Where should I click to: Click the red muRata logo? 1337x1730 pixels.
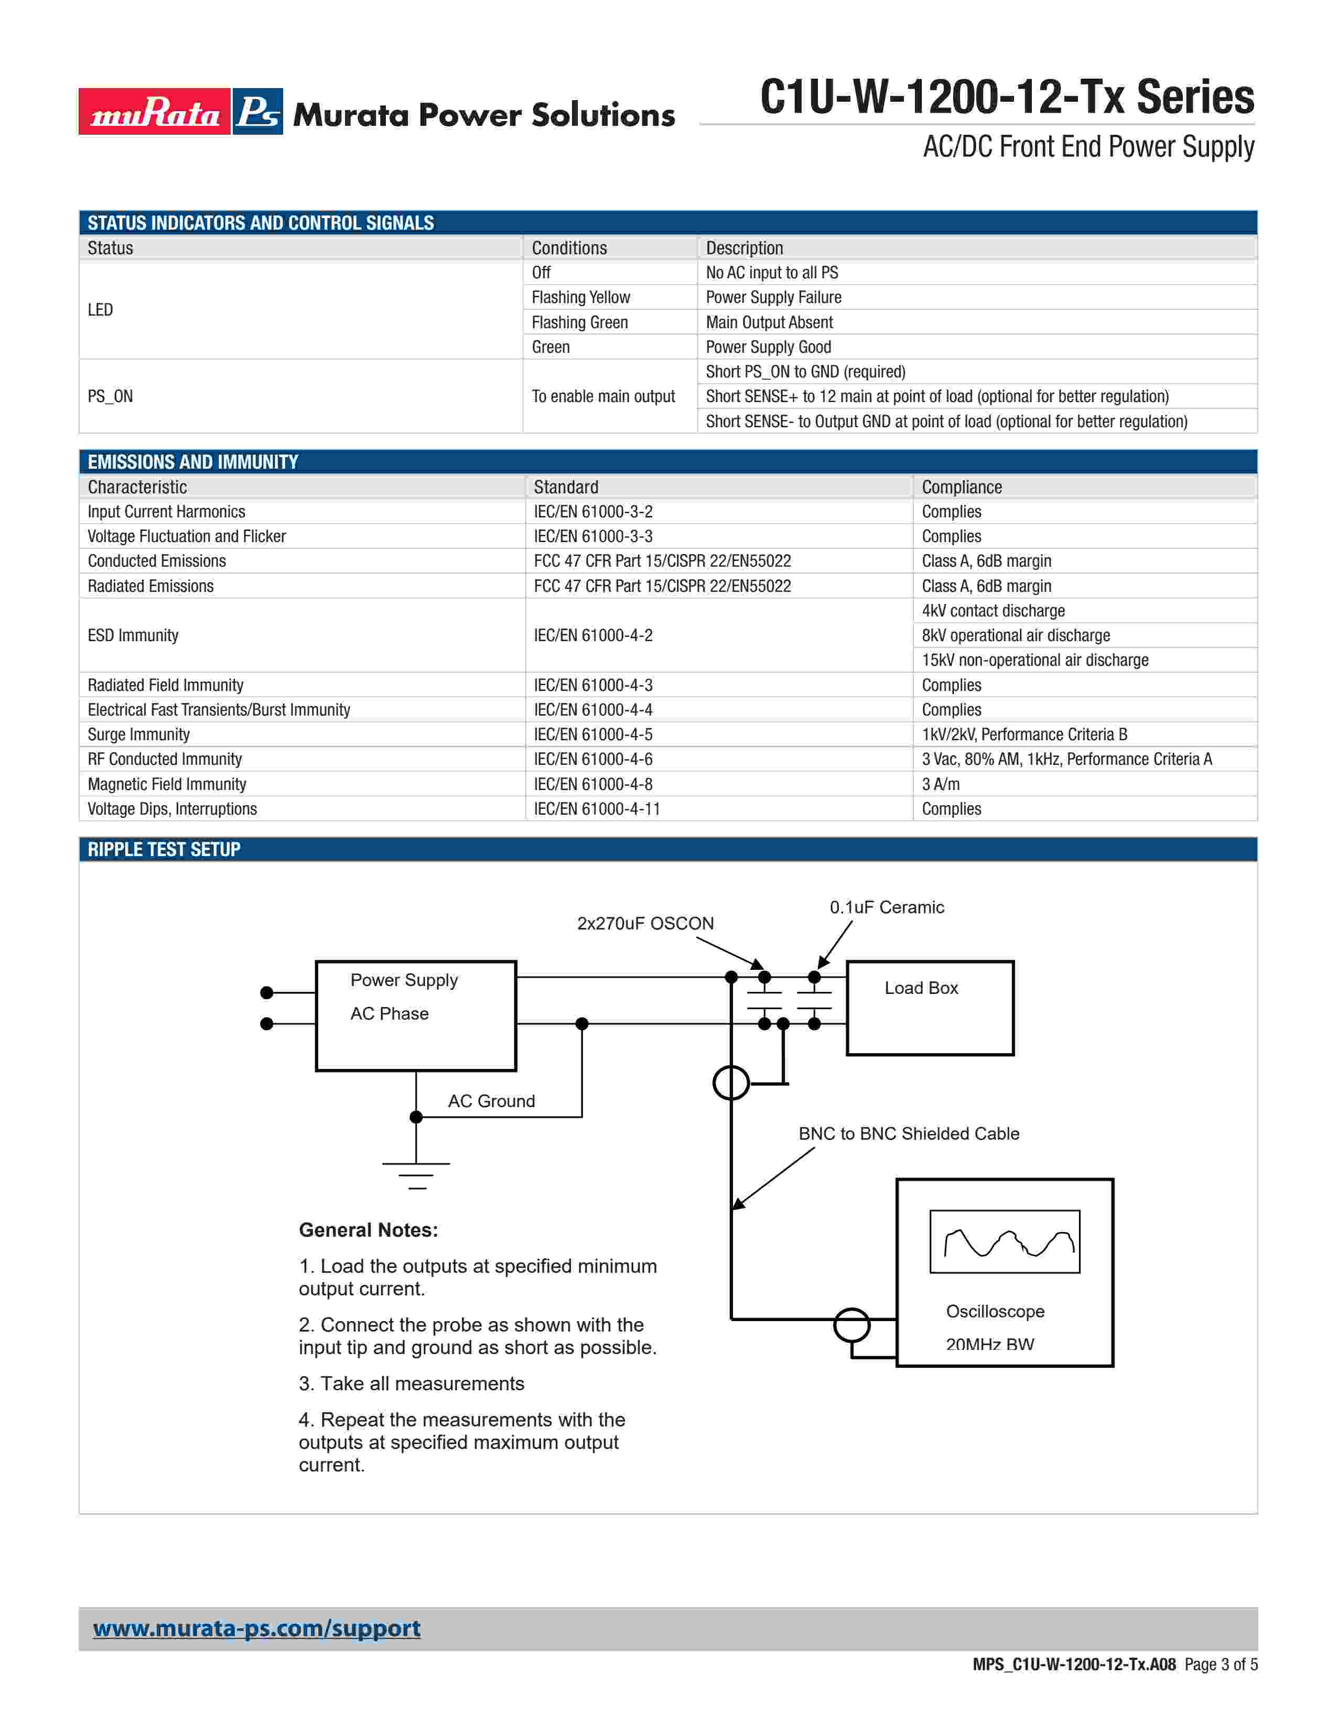(155, 112)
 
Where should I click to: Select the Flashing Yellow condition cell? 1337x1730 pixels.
(580, 297)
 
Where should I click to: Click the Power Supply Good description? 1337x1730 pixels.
(768, 347)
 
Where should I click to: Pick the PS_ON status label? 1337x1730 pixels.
(110, 396)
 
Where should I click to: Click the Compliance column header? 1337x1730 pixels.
(962, 487)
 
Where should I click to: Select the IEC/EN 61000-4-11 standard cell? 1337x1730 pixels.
(597, 809)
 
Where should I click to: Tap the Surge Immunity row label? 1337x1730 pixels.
(138, 734)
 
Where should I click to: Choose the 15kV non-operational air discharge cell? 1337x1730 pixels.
(1034, 660)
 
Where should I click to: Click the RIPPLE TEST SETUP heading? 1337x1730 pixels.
(164, 849)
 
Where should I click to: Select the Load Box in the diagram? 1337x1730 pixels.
(930, 1008)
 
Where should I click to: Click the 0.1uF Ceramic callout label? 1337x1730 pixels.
(886, 907)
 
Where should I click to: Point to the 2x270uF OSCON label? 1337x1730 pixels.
(645, 923)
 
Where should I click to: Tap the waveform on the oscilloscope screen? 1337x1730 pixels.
(1005, 1242)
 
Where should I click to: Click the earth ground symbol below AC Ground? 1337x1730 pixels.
(416, 1173)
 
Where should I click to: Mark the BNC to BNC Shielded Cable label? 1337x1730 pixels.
(909, 1133)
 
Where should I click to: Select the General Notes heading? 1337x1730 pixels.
(368, 1230)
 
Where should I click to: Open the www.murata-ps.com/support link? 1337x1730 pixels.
(256, 1629)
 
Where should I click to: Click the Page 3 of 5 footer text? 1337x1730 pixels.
(1221, 1664)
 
